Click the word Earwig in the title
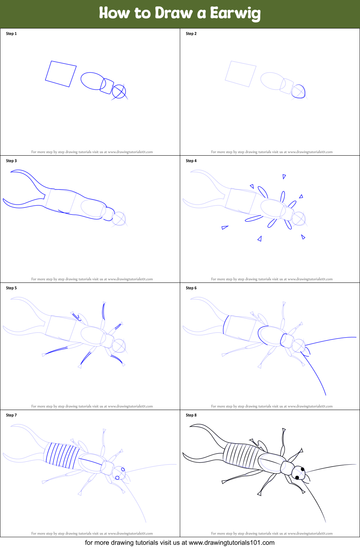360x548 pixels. (x=235, y=13)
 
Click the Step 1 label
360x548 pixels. (x=11, y=34)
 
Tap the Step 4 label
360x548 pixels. (x=191, y=161)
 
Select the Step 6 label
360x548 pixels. (x=191, y=288)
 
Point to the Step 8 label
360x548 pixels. (x=191, y=415)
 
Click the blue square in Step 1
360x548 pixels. (x=61, y=74)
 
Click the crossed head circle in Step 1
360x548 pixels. (x=119, y=92)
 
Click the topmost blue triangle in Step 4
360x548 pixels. (x=284, y=177)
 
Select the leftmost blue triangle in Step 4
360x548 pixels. (x=225, y=227)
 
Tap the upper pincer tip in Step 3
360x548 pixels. (x=12, y=172)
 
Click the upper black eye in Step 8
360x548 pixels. (x=303, y=469)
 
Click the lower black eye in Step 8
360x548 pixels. (x=297, y=478)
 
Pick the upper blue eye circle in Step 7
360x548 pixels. (x=123, y=469)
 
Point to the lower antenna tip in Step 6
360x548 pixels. (x=325, y=395)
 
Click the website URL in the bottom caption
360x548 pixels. (x=231, y=543)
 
